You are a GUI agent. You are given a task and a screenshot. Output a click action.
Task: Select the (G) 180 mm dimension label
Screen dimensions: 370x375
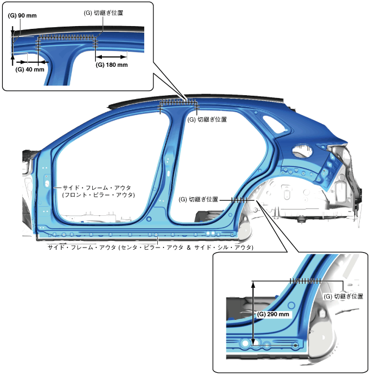(x=111, y=65)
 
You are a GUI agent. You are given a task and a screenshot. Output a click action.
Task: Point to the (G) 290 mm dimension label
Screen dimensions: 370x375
(x=273, y=314)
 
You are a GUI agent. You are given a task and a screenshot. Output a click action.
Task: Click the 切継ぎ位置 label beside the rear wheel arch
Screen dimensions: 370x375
(x=199, y=199)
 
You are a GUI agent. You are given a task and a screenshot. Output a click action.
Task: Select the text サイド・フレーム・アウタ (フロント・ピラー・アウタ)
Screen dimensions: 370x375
(x=97, y=191)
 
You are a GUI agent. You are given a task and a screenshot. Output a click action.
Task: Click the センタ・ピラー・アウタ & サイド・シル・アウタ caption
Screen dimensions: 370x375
(x=150, y=248)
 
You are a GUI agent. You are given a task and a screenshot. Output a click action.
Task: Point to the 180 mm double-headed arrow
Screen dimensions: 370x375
(x=111, y=57)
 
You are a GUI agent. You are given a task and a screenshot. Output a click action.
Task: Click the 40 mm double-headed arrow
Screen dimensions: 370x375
(x=27, y=61)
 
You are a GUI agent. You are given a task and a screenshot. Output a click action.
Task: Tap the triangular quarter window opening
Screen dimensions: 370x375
(x=302, y=150)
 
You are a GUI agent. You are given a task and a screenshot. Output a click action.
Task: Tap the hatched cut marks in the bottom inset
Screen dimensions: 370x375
(x=305, y=280)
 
